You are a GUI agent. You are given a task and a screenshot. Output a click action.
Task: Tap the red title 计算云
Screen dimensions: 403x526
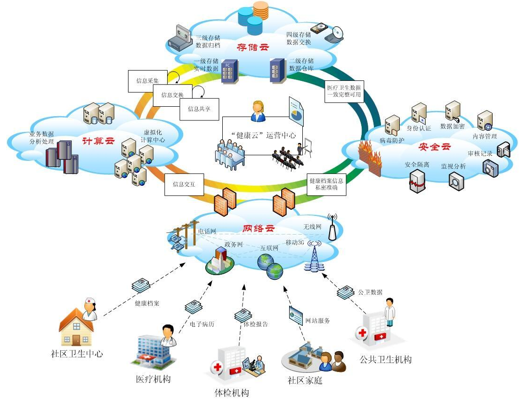coord(98,140)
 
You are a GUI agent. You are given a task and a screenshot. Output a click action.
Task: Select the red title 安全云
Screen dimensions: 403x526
coord(435,146)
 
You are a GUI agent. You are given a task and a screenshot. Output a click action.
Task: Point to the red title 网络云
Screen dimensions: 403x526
coord(259,229)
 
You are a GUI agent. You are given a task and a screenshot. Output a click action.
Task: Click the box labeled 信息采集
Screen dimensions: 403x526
coord(147,81)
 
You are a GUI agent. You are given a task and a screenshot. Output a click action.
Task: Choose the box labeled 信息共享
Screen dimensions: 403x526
coord(199,109)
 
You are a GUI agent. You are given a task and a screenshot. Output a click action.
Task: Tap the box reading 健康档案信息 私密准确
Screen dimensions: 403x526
coord(326,184)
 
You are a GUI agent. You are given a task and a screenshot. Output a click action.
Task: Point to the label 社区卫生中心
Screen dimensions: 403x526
coord(77,354)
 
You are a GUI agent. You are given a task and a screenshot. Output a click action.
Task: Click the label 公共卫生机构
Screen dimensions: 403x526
coord(385,360)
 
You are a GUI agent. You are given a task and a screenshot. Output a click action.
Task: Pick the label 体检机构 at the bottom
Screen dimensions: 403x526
coord(232,393)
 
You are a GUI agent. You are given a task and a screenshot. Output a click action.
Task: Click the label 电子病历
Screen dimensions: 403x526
coord(202,324)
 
